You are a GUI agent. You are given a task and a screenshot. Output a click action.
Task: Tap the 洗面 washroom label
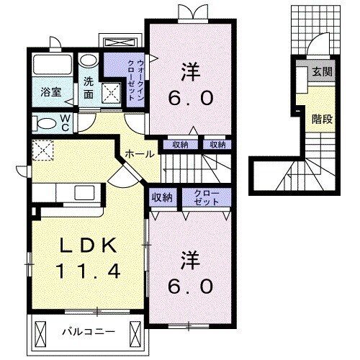coord(89,87)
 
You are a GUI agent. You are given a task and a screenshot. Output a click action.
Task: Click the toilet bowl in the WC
coord(44,124)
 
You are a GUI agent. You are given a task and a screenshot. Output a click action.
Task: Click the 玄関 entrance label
coord(321,72)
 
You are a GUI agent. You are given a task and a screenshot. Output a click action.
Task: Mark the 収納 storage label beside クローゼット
coord(161,197)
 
